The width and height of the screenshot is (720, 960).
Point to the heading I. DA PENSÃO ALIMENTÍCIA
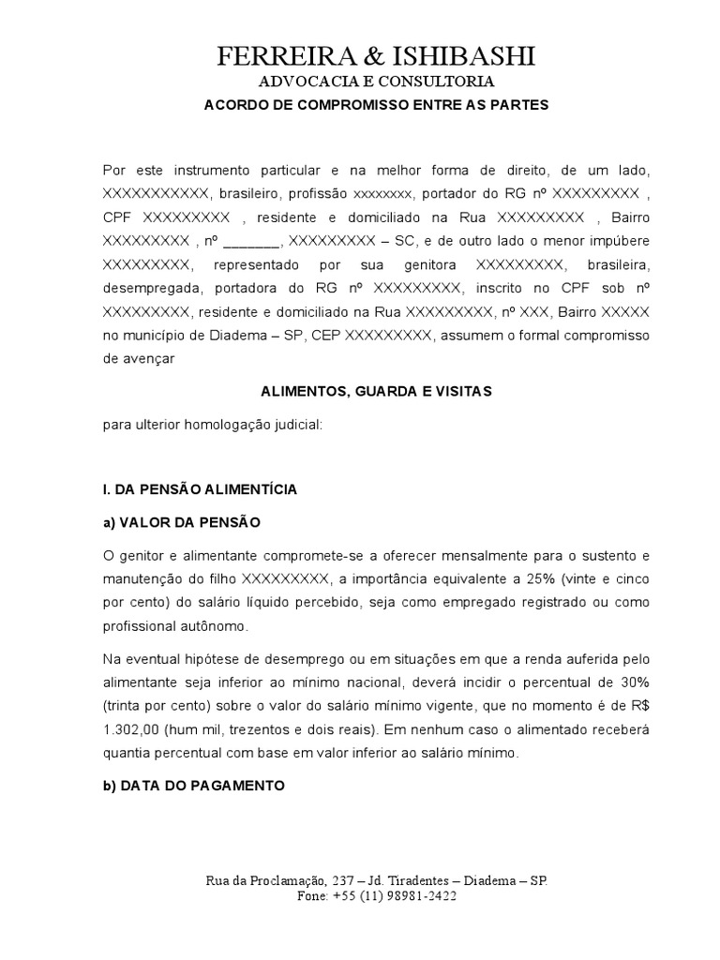[x=200, y=488]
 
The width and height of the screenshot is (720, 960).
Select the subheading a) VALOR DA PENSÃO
[x=182, y=521]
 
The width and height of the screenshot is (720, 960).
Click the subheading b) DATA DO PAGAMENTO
[x=193, y=785]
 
